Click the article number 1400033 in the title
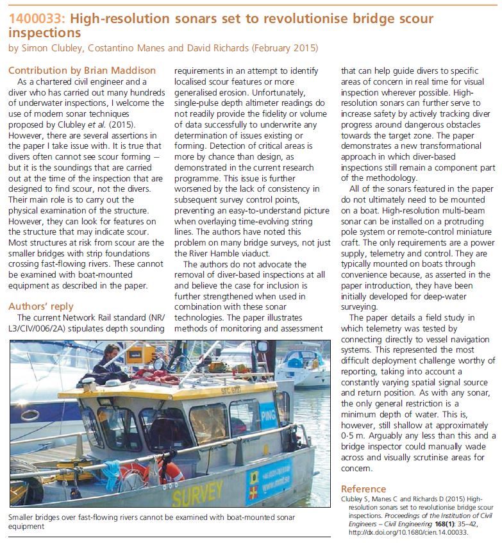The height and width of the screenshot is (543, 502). (x=36, y=17)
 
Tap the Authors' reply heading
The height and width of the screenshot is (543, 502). (x=40, y=306)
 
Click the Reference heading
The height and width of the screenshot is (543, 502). (x=364, y=489)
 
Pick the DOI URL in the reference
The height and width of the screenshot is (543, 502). (x=405, y=532)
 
